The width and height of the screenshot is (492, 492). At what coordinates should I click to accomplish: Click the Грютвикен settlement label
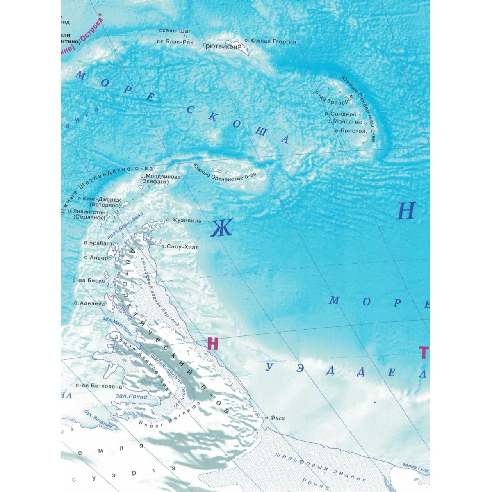(x=220, y=46)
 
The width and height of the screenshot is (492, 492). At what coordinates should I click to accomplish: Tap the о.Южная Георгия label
(x=270, y=41)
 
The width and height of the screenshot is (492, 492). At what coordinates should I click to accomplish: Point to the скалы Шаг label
(x=175, y=31)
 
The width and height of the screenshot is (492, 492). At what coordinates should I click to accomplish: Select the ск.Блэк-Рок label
(x=175, y=41)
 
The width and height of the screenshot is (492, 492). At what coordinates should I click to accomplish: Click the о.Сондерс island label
(x=340, y=114)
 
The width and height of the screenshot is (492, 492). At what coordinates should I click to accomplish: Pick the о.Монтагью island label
(x=344, y=122)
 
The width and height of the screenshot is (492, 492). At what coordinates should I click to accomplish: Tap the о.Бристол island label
(x=350, y=131)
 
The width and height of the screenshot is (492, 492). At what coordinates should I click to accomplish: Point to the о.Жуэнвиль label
(x=183, y=221)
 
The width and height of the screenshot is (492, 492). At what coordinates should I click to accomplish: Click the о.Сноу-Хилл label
(x=179, y=247)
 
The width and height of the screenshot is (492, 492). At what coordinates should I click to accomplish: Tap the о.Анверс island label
(x=98, y=258)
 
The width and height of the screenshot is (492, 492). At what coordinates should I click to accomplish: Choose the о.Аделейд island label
(x=90, y=304)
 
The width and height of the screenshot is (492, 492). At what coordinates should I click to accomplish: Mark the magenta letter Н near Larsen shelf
(x=213, y=344)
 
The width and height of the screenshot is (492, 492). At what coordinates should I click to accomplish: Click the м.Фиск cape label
(x=274, y=418)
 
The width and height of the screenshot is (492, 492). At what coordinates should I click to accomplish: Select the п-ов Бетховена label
(x=99, y=386)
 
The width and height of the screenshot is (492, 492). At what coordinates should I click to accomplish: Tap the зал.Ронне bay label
(x=131, y=396)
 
